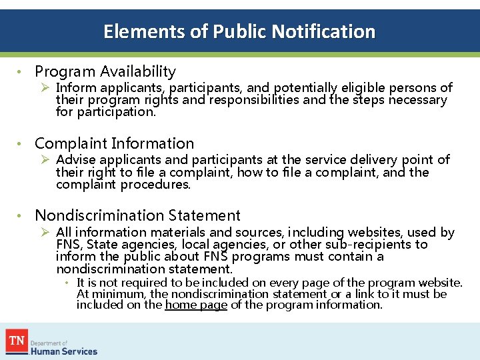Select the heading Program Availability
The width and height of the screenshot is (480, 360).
pyautogui.click(x=105, y=71)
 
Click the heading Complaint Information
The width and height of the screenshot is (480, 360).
pyautogui.click(x=114, y=143)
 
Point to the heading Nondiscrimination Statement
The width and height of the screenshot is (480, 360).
pyautogui.click(x=137, y=215)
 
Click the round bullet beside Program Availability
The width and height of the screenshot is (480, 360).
pyautogui.click(x=21, y=72)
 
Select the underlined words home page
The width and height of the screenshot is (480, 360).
pyautogui.click(x=196, y=305)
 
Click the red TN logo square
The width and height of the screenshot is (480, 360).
pyautogui.click(x=17, y=341)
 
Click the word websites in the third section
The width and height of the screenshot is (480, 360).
pyautogui.click(x=376, y=233)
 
